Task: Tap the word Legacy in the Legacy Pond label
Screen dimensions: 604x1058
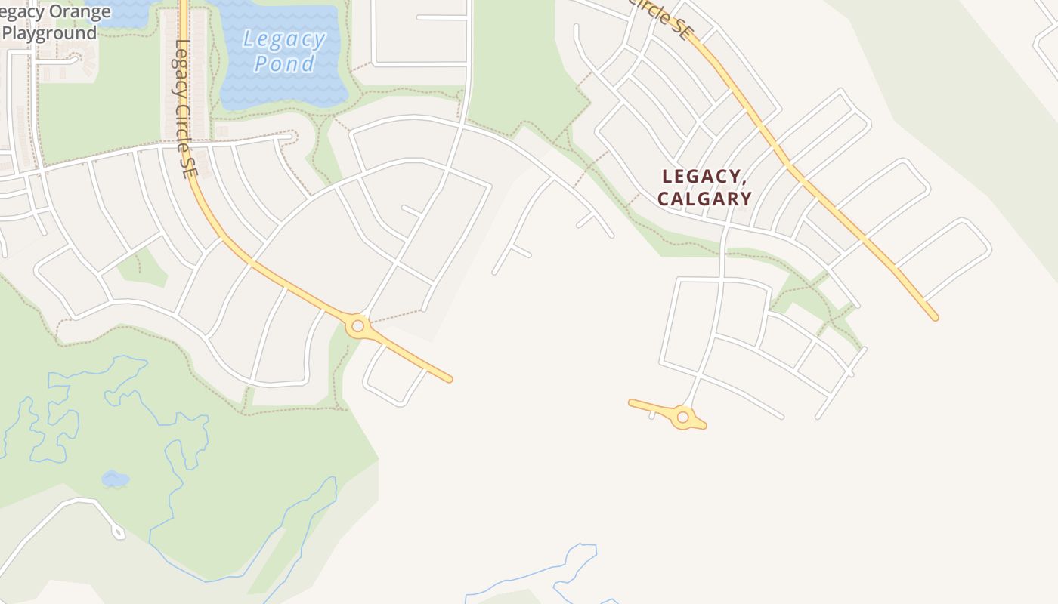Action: (x=284, y=39)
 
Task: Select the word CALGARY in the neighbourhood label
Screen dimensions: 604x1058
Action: (x=704, y=199)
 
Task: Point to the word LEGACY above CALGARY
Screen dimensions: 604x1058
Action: (x=701, y=177)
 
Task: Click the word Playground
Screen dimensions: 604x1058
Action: (x=49, y=33)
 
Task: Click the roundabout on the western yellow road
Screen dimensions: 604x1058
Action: (x=358, y=326)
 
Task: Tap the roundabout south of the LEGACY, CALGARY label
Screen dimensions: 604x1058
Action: (x=683, y=417)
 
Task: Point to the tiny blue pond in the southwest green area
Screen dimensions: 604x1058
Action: (x=115, y=479)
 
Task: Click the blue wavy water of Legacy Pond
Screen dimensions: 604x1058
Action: (x=283, y=87)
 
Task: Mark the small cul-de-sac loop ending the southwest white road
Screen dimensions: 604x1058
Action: (x=118, y=532)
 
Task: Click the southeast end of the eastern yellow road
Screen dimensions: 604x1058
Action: (x=935, y=318)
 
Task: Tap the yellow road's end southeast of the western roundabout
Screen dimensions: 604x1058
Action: (x=449, y=378)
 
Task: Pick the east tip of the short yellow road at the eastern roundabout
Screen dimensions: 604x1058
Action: (x=704, y=427)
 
